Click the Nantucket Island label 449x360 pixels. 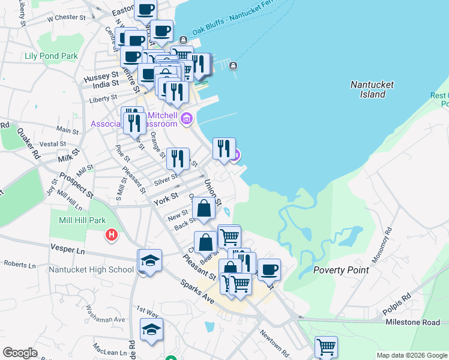[x=372, y=89]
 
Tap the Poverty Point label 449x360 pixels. [x=341, y=270]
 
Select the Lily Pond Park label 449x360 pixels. [x=52, y=56]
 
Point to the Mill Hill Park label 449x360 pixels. [x=83, y=220]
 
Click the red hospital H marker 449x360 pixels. [x=111, y=235]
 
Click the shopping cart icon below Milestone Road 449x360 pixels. [x=326, y=346]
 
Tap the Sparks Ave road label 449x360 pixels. [x=194, y=290]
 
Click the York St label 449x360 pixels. [x=166, y=197]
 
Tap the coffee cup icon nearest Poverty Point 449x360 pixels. [x=269, y=270]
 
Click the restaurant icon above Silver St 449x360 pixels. [x=178, y=159]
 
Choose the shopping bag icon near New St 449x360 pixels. [x=204, y=209]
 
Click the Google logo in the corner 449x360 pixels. [x=20, y=353]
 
